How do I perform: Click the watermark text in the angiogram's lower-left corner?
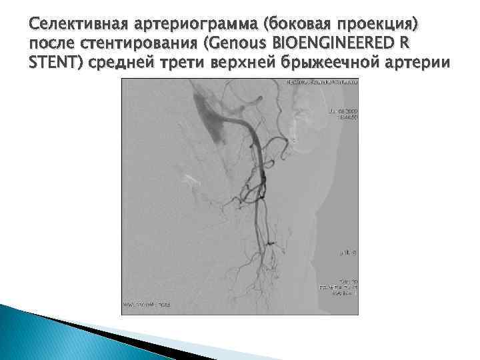click(x=147, y=304)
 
